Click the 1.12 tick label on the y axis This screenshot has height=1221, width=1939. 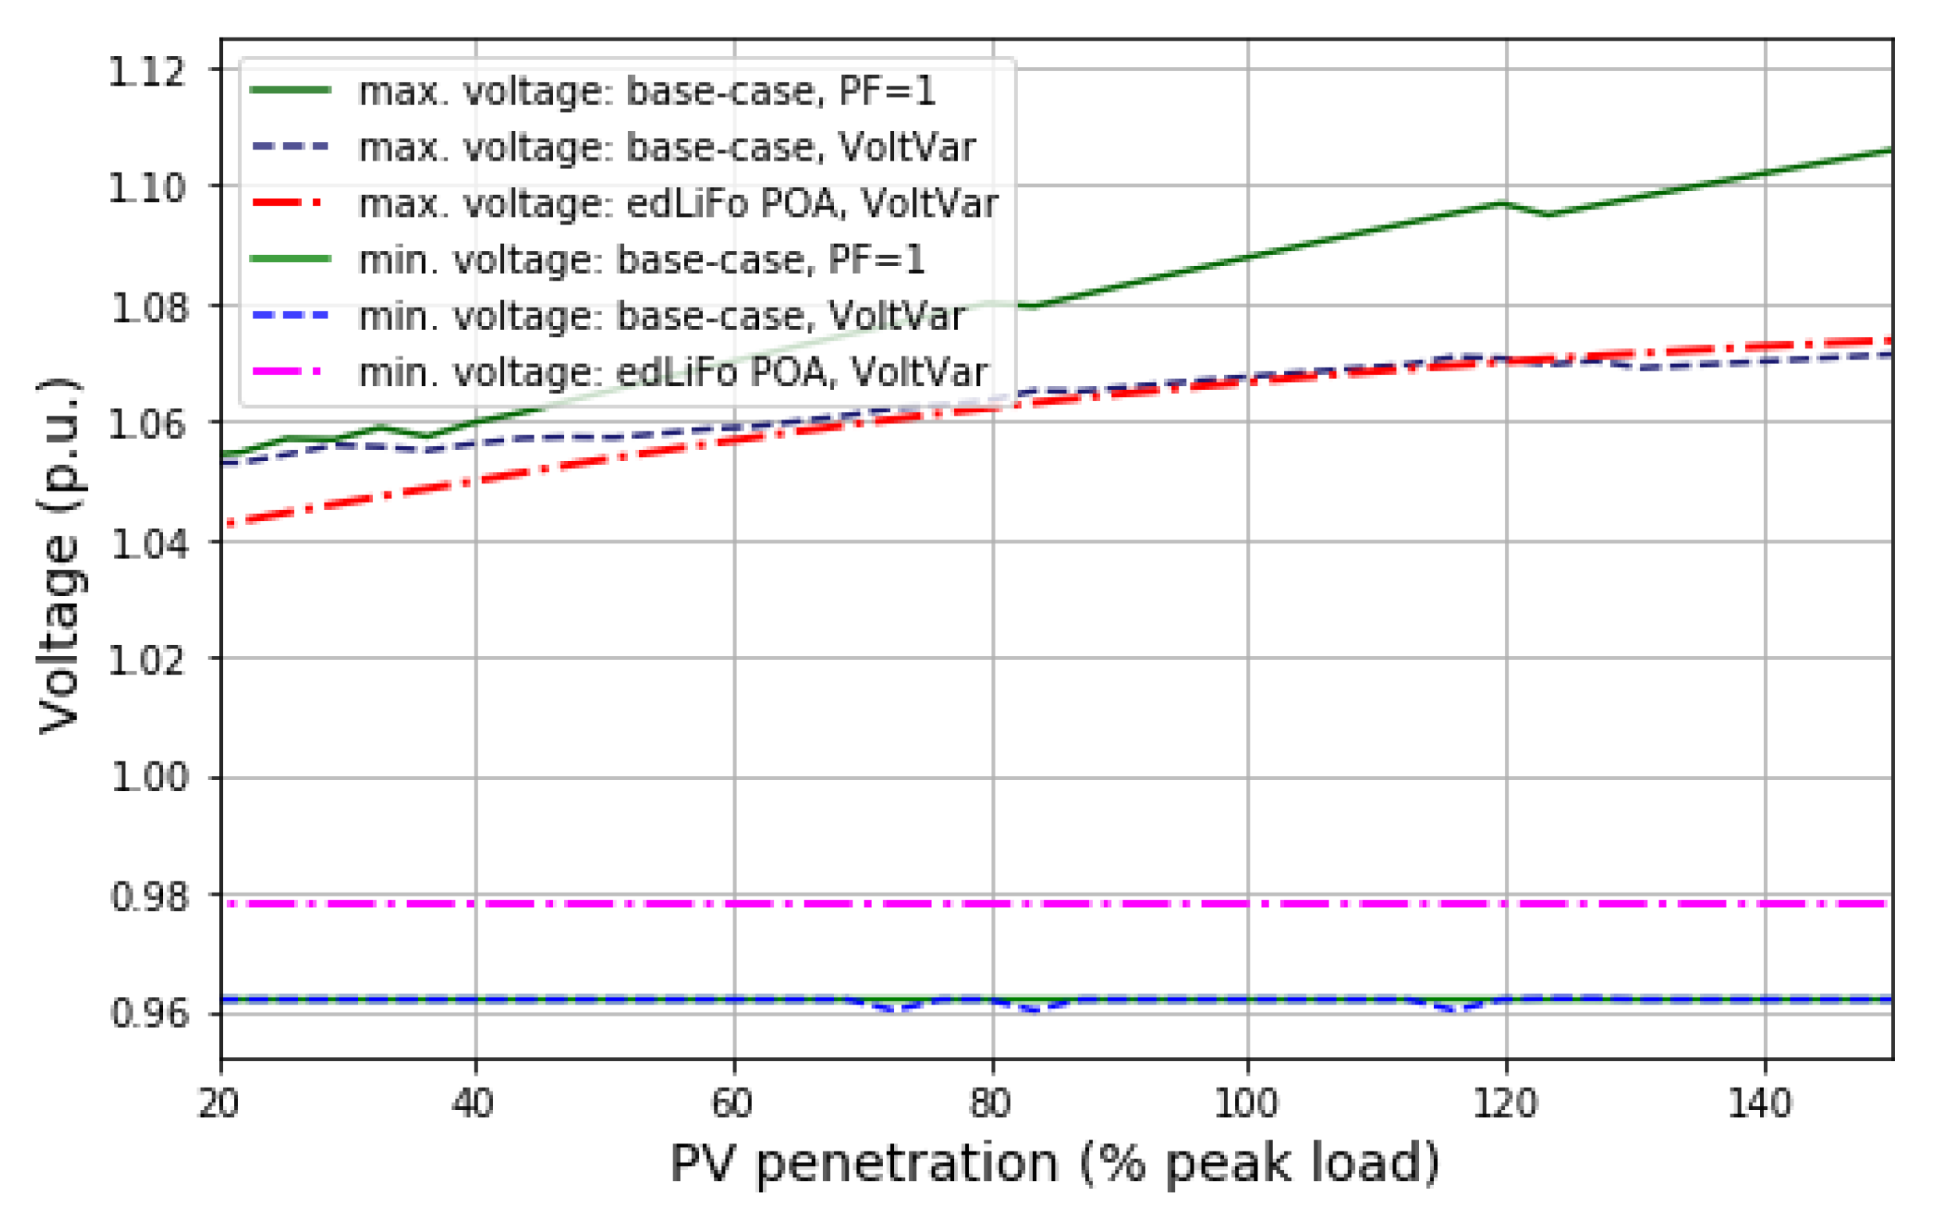tap(146, 73)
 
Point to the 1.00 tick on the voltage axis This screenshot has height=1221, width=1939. tap(148, 778)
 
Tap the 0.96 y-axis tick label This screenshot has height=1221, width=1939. tap(148, 1013)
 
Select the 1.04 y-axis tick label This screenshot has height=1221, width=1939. tap(148, 543)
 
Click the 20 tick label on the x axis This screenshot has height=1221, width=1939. tap(219, 1103)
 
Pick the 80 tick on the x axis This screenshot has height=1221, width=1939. tap(991, 1103)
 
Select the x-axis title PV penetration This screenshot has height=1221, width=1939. tap(1054, 1163)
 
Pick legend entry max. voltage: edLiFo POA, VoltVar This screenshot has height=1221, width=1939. tap(677, 204)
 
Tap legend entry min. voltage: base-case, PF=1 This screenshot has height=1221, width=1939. tap(641, 260)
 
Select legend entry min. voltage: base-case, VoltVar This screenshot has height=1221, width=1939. tap(660, 316)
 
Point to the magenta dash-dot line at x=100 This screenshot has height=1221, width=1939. tap(1247, 904)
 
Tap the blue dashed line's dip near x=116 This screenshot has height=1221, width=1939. tap(1457, 1009)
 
